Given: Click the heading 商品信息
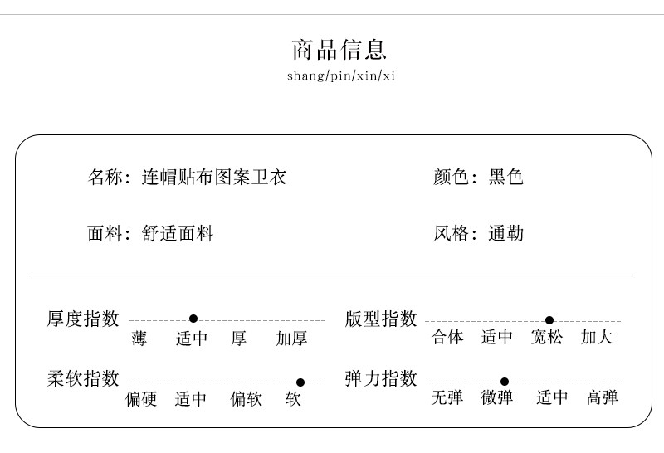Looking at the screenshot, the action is [x=339, y=50].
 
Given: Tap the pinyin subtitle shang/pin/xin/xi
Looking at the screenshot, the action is [x=340, y=76].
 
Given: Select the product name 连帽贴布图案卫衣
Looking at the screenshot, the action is [x=214, y=177].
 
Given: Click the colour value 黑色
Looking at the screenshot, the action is [x=506, y=177].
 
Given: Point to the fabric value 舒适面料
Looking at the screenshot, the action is [x=178, y=233].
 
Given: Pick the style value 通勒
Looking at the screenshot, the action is [x=506, y=233].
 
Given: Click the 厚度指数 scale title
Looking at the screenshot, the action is [x=83, y=319].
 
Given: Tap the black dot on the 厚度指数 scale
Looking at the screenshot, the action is [x=193, y=319].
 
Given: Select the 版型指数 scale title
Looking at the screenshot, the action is [x=381, y=319].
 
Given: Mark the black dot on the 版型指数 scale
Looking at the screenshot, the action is [x=549, y=320].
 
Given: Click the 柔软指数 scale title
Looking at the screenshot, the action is [x=83, y=379].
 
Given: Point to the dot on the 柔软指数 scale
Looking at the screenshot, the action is [x=300, y=382].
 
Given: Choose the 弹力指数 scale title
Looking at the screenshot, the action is [x=381, y=379].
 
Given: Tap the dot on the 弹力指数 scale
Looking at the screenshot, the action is [x=505, y=382].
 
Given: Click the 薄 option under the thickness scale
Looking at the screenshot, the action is [x=139, y=339].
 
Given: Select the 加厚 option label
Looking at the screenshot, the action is [x=291, y=339].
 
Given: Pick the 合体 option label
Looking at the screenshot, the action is [x=447, y=338].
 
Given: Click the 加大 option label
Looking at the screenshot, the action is [x=597, y=338].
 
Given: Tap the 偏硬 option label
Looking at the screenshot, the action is [x=141, y=399].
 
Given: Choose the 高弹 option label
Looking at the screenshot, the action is [x=602, y=398].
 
